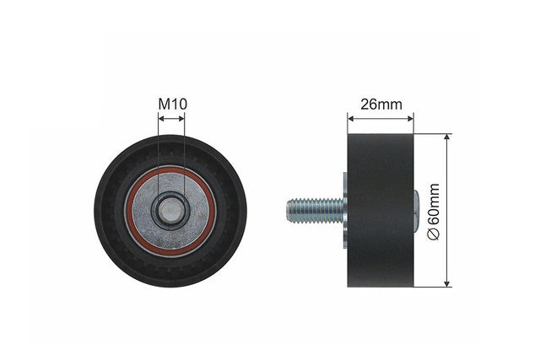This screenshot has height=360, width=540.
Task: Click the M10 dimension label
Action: click(172, 104)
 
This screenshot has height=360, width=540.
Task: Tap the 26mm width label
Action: click(381, 104)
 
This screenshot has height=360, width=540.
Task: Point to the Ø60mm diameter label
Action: click(434, 212)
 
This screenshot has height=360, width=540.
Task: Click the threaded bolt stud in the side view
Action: click(316, 210)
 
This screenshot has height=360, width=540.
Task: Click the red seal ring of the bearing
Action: click(129, 211)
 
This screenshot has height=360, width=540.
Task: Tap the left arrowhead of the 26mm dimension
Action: click(351, 119)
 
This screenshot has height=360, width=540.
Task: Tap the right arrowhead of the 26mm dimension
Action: click(410, 119)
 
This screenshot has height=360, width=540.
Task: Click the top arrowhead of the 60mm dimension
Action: click(447, 137)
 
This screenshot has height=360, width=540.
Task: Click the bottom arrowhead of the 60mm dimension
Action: click(447, 283)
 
